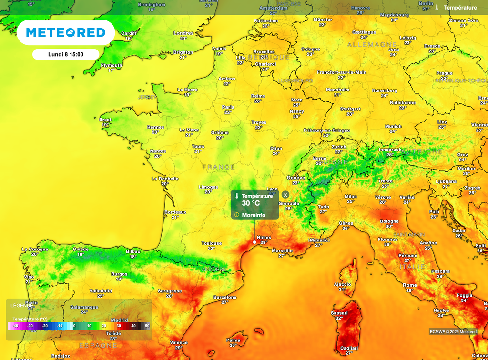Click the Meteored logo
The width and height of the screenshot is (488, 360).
click(66, 32)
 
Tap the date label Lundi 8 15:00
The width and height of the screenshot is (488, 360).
click(66, 54)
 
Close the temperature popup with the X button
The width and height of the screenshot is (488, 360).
click(285, 195)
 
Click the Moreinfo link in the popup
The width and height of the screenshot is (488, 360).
click(253, 215)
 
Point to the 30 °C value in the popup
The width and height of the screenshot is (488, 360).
click(251, 203)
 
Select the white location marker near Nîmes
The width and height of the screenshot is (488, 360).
click(254, 242)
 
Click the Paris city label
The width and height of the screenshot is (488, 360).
click(228, 107)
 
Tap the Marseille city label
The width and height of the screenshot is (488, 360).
click(282, 250)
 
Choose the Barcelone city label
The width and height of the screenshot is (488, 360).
click(225, 297)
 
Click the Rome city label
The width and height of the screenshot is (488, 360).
click(409, 285)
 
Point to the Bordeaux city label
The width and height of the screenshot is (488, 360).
click(175, 212)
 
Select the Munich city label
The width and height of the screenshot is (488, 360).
click(393, 126)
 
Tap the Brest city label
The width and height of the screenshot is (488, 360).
click(105, 120)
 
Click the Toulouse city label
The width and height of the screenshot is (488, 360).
click(211, 243)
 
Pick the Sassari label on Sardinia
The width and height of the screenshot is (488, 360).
click(339, 313)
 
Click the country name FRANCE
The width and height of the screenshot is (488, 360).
click(219, 167)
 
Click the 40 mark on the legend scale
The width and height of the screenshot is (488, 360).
click(133, 326)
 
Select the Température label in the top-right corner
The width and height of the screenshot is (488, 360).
click(460, 8)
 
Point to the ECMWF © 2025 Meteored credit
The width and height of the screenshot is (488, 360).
click(452, 331)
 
